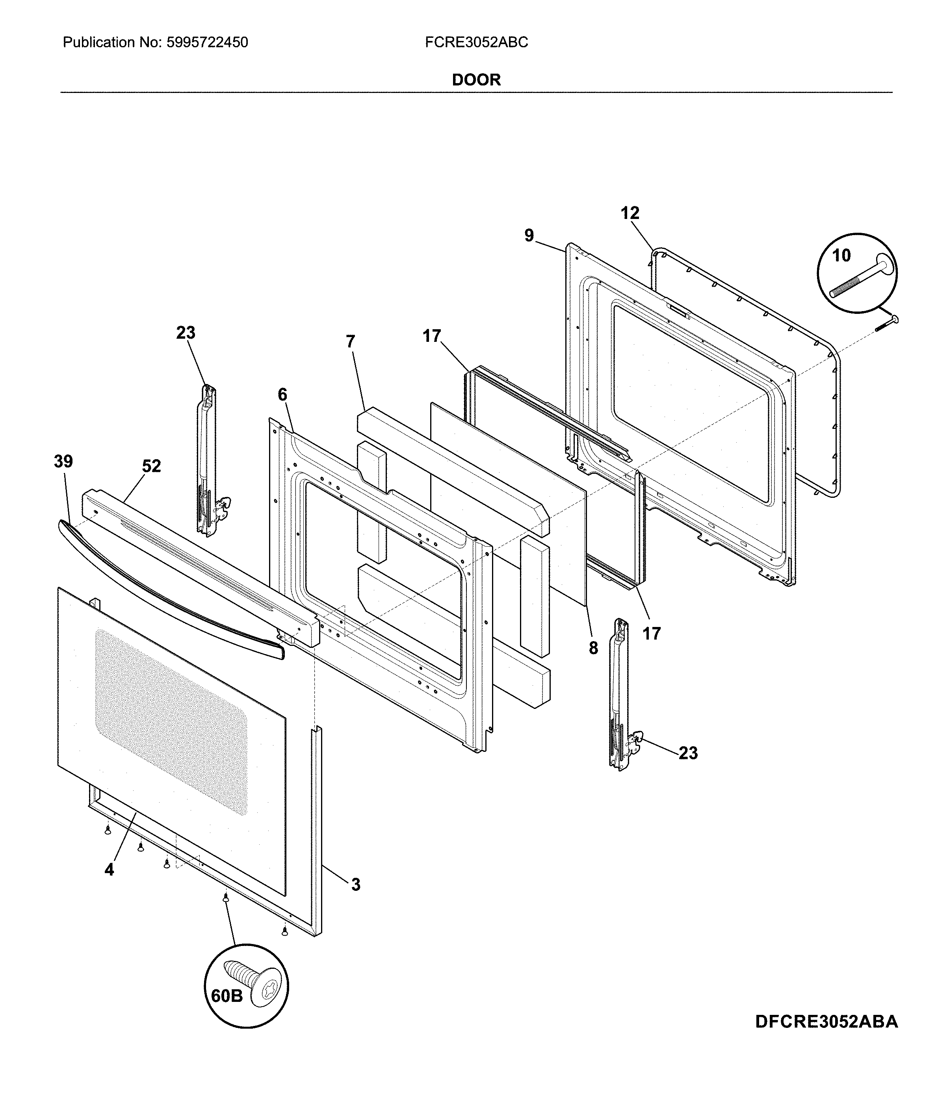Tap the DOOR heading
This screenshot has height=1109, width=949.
point(476,80)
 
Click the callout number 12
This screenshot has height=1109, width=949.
point(630,213)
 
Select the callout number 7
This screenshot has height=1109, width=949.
point(351,341)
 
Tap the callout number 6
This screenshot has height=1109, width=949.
point(282,395)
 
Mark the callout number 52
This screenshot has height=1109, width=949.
point(152,466)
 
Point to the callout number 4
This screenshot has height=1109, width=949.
point(109,870)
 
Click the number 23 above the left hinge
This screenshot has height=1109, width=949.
point(186,332)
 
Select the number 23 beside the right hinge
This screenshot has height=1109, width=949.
point(688,753)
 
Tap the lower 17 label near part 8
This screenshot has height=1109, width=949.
point(652,634)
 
